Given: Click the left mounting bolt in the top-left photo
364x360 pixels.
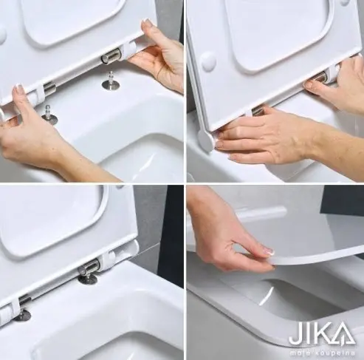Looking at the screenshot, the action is pos(49,115).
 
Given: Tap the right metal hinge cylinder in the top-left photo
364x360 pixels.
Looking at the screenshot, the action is pos(111,58).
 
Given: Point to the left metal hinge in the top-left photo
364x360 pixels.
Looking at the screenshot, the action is pos(49,87).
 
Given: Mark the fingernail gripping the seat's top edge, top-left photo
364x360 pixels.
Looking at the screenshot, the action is pos(147,23).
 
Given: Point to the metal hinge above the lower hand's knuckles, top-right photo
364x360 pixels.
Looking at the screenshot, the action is pos(257,110).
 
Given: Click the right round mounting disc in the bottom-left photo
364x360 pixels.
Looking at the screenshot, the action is pos(88,278).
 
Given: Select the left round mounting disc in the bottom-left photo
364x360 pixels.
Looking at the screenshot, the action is pos(23,315).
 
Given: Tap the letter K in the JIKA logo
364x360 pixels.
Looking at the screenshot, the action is pos(321,334).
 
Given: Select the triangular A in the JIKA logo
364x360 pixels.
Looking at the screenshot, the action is pos(343,333).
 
